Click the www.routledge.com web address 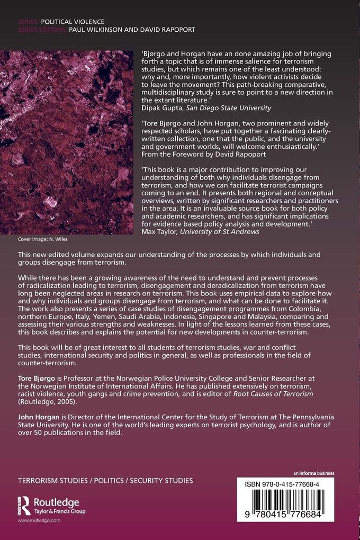tap(39, 521)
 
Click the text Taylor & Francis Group tap(59, 511)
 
